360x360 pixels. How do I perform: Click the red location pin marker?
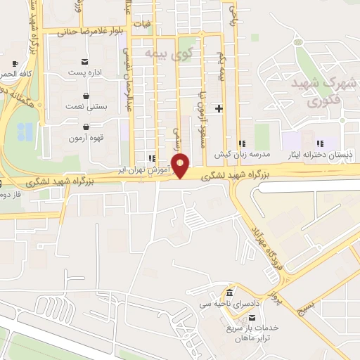click(181, 165)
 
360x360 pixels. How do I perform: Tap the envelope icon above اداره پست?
click(85, 62)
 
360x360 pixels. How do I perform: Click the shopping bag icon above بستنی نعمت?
click(85, 95)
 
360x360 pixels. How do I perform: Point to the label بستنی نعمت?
click(86, 106)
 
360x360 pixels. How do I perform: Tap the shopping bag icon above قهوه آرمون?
click(85, 127)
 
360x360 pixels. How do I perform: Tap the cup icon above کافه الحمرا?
click(15, 64)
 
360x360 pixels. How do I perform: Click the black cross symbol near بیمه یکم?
click(219, 108)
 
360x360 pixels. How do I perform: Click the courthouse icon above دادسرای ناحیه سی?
click(230, 292)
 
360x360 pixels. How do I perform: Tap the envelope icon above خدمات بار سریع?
click(252, 317)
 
